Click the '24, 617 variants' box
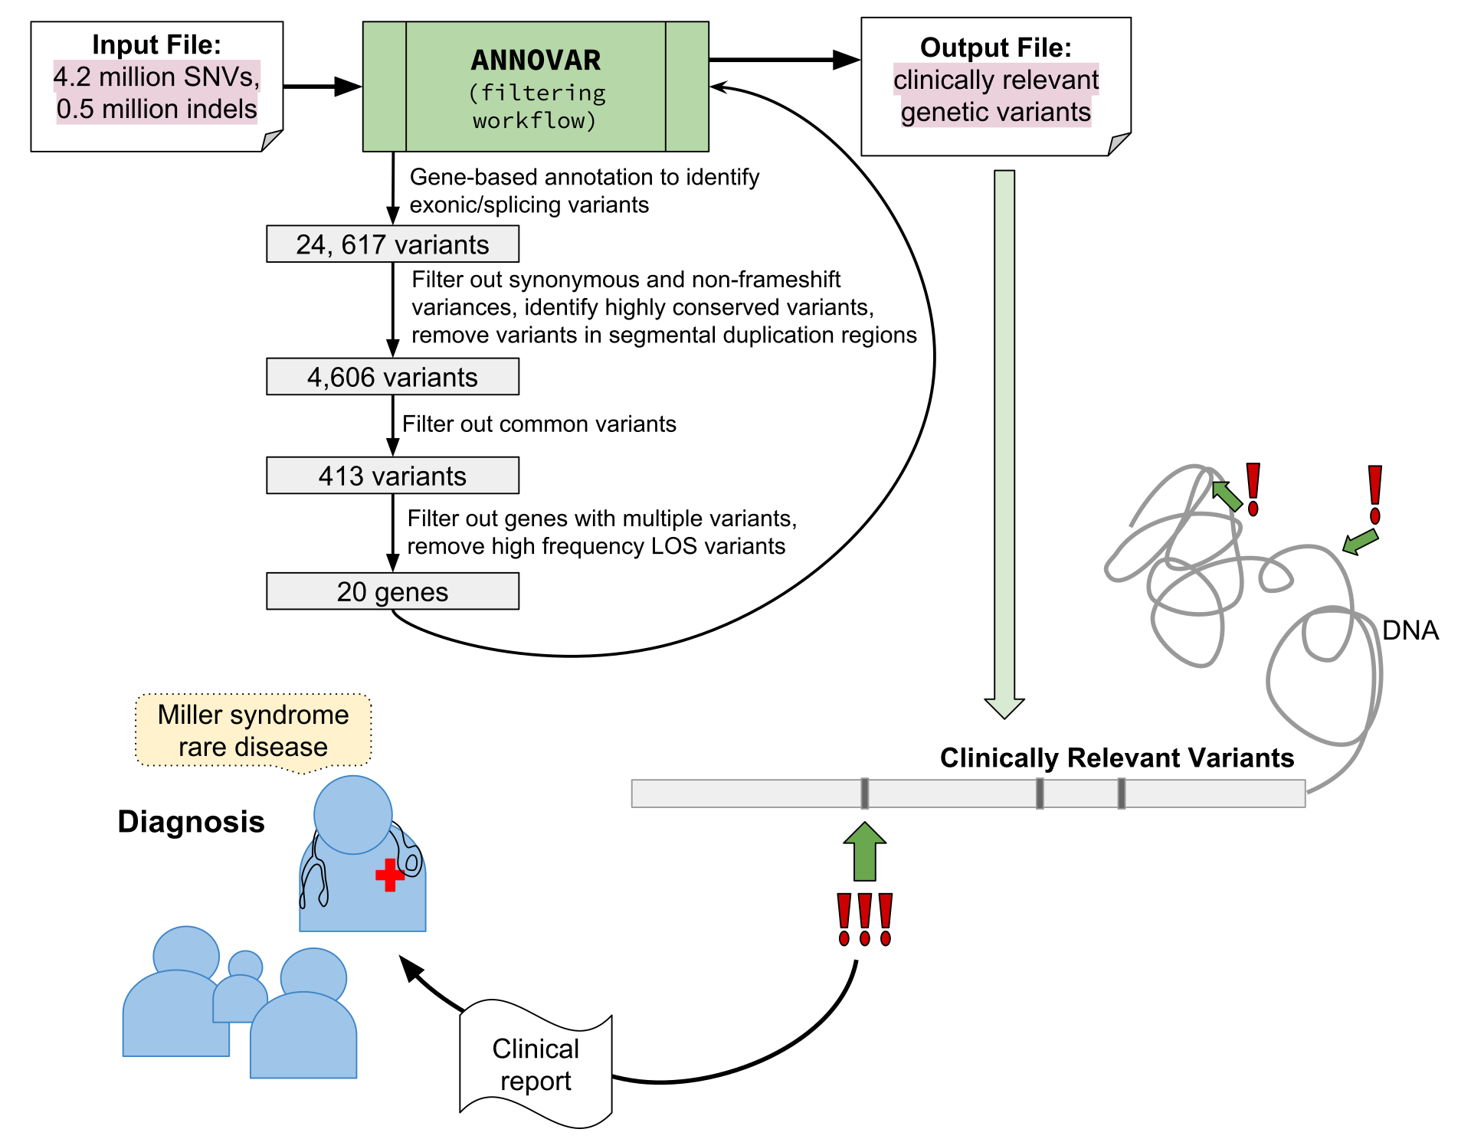tap(392, 244)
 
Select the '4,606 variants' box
tap(392, 377)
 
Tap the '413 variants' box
tap(392, 476)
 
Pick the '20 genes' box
tap(392, 591)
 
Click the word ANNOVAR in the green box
tap(536, 61)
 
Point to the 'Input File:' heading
tap(156, 44)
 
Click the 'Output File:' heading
tap(995, 47)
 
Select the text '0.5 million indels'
tap(156, 109)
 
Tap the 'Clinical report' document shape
tap(536, 1065)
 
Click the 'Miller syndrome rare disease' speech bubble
tap(253, 730)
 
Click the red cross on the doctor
tap(390, 875)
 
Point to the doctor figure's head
tap(353, 814)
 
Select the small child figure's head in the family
tap(245, 965)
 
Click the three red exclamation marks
tap(865, 919)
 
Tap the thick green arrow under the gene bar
tap(865, 852)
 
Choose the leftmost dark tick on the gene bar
tap(864, 794)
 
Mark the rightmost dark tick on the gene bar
tap(1121, 794)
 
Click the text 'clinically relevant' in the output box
tap(995, 80)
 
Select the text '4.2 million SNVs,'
tap(156, 77)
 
